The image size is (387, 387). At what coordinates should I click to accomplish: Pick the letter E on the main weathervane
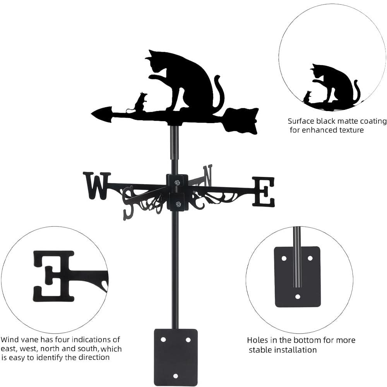[264, 191]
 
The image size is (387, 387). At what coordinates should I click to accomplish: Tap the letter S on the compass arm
[128, 203]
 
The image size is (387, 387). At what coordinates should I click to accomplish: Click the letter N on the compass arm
[208, 175]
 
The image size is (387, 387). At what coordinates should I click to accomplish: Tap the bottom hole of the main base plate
[175, 376]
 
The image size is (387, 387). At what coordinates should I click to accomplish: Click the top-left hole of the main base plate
[163, 339]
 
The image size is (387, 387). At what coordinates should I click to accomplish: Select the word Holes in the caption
[257, 341]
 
